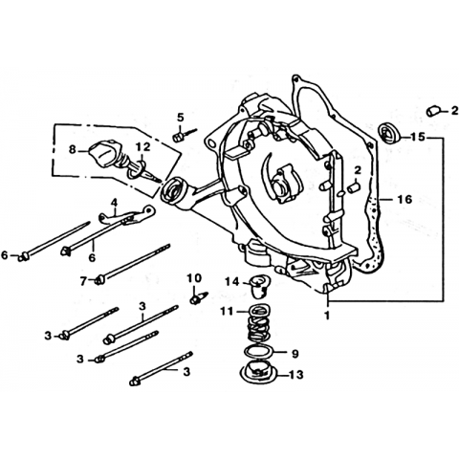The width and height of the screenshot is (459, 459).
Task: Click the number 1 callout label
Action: click(x=327, y=316)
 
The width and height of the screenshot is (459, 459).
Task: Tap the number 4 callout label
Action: click(x=114, y=203)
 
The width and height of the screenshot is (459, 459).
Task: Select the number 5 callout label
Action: click(x=181, y=118)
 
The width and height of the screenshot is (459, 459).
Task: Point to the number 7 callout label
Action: click(x=83, y=281)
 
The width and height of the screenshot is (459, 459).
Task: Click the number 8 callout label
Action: click(x=73, y=149)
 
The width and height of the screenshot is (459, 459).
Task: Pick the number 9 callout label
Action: click(x=295, y=354)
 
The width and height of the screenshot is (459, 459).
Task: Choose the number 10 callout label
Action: click(x=194, y=278)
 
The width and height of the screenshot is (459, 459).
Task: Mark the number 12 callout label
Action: click(x=142, y=147)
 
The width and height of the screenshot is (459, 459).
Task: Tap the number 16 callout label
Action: click(x=404, y=199)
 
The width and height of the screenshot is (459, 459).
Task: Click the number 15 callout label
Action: click(x=418, y=137)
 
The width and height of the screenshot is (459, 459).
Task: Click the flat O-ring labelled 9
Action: click(x=258, y=352)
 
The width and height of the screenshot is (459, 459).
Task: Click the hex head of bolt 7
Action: click(x=99, y=280)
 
